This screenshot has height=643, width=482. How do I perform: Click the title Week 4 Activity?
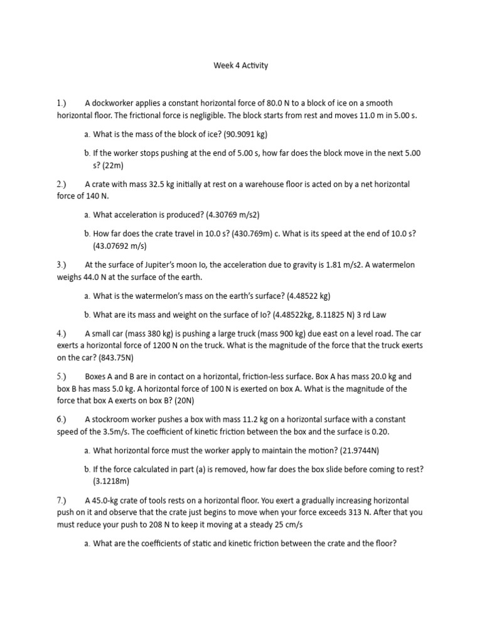tap(240, 65)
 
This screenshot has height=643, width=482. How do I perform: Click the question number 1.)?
tap(64, 103)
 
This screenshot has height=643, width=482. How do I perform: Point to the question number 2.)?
tap(64, 185)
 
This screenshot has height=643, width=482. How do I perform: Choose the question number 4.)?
tap(64, 333)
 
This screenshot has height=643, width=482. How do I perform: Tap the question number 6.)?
tap(64, 419)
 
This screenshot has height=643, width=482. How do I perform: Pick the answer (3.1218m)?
tap(111, 481)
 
